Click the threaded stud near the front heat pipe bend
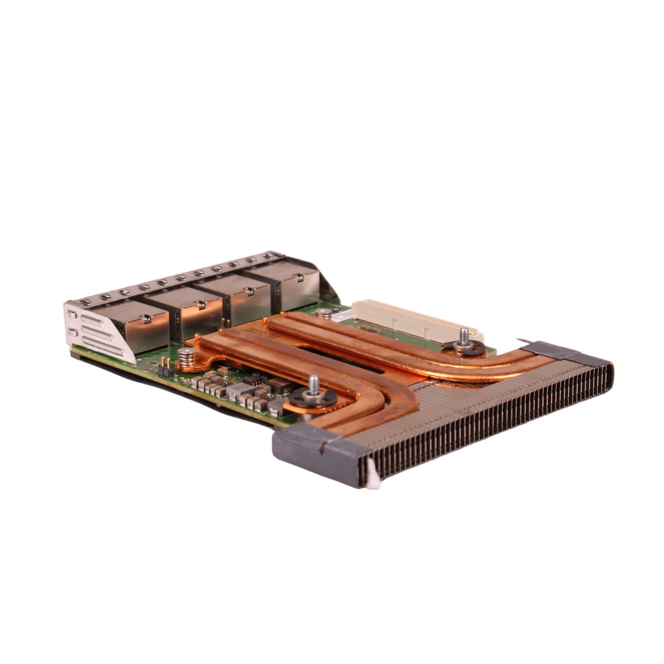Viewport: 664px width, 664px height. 313,383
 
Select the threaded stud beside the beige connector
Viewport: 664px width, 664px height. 464,335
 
